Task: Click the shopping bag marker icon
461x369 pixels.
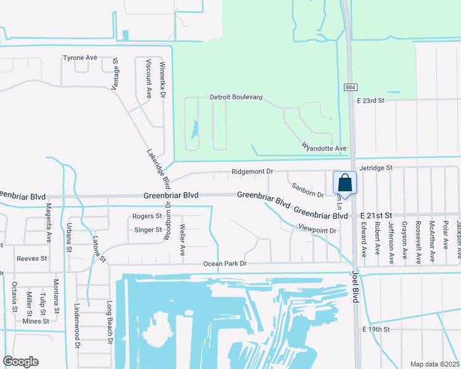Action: point(345,183)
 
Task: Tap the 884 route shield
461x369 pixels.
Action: point(349,88)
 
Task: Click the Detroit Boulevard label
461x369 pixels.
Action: point(237,97)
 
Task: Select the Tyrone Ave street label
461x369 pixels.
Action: point(80,58)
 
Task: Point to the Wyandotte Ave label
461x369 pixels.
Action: point(324,148)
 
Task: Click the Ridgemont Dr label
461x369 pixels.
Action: point(252,172)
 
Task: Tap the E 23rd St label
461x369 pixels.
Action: point(370,100)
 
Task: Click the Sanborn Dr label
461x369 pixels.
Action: point(307,190)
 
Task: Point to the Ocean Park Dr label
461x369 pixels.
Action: point(225,264)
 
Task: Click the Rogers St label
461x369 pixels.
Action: point(147,216)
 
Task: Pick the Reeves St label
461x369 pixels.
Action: point(32,259)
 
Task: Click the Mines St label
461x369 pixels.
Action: point(35,321)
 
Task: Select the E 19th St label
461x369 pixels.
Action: point(377,330)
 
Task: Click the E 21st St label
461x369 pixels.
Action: point(375,216)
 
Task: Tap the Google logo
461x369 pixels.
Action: point(20,362)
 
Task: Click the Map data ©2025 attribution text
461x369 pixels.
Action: point(434,364)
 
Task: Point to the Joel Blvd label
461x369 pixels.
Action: point(355,287)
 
